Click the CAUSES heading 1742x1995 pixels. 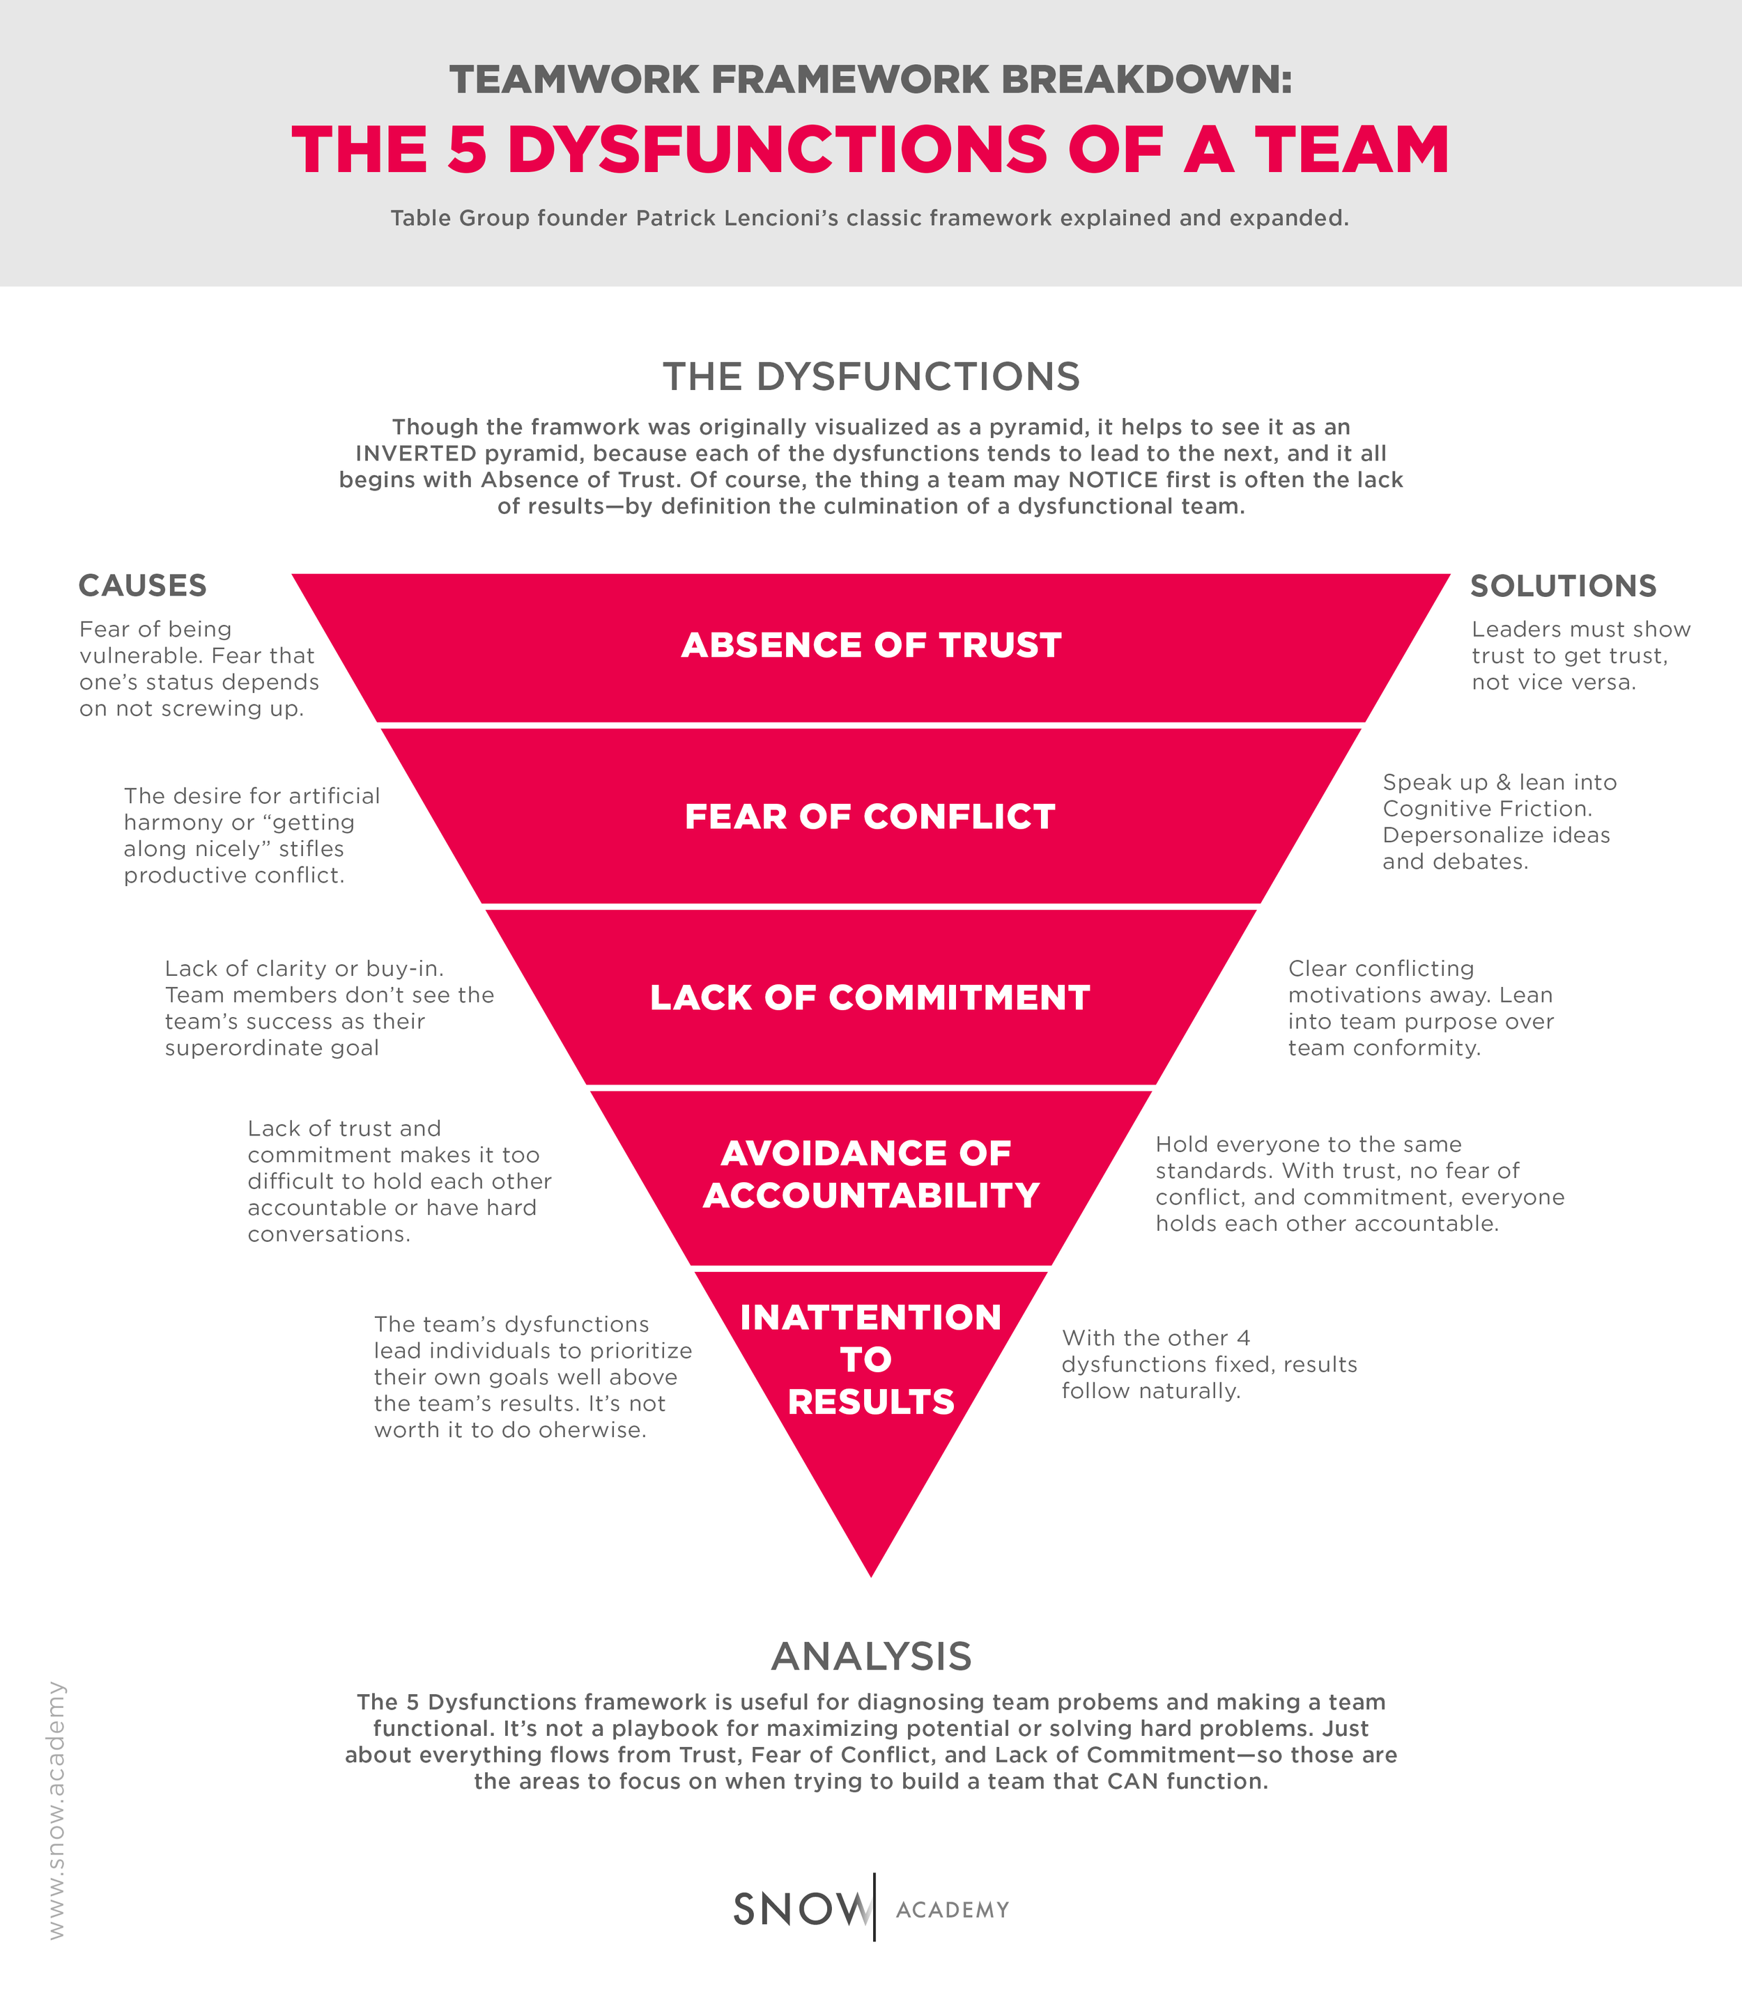[142, 585]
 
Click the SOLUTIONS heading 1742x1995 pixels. [1563, 585]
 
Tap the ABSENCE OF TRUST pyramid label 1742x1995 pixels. [871, 645]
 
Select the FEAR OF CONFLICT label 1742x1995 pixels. [870, 816]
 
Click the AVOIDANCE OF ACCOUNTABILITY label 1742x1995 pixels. [871, 1174]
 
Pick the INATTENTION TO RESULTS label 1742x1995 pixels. [871, 1358]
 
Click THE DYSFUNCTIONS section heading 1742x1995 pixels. [871, 376]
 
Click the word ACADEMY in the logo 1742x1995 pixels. [953, 1909]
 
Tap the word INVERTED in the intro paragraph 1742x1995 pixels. [416, 453]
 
